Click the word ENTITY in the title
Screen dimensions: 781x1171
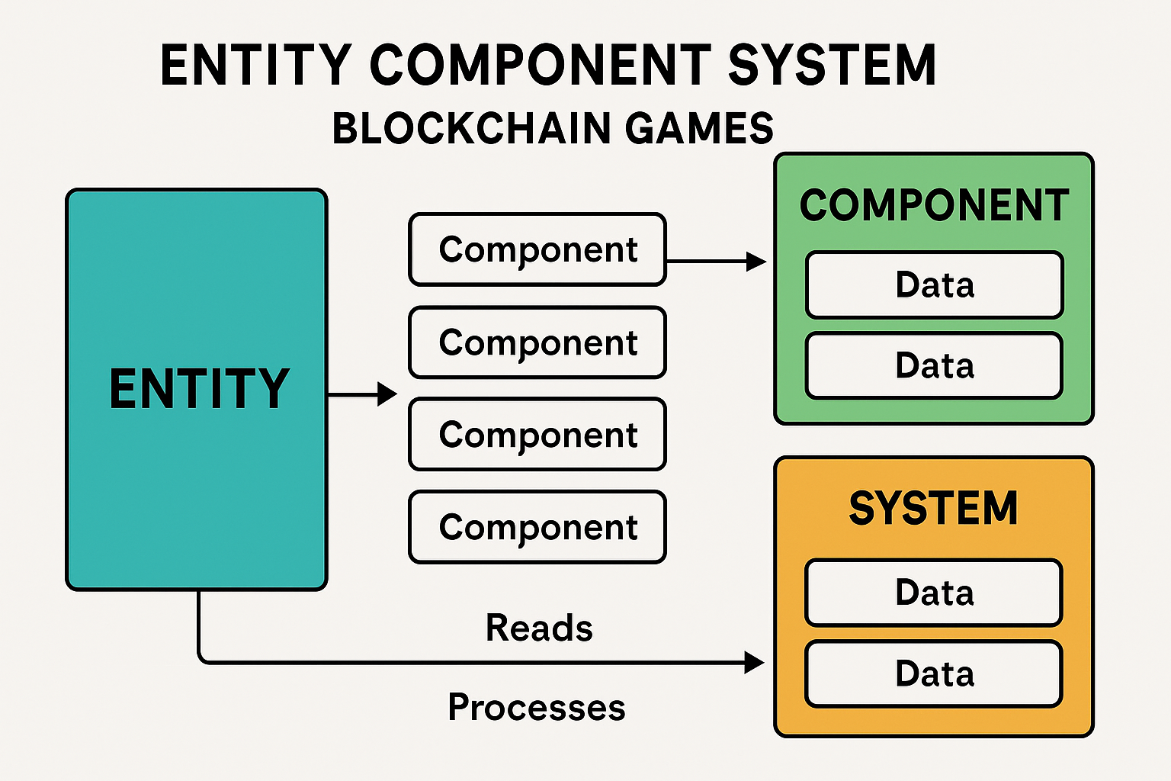(255, 65)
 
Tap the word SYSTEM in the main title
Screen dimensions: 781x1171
(832, 65)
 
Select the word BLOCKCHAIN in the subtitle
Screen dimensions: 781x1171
(472, 128)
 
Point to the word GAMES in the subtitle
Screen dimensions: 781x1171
(699, 128)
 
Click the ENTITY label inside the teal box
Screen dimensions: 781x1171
(199, 389)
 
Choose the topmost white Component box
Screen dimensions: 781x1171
(537, 250)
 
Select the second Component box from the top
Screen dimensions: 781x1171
(537, 342)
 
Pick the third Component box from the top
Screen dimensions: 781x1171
(537, 435)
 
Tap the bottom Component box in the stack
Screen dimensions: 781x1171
(537, 527)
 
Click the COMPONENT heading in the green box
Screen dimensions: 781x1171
(934, 206)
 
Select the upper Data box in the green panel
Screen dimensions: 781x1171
(934, 284)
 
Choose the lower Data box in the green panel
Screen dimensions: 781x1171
(934, 365)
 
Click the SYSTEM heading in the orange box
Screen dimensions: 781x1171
(934, 508)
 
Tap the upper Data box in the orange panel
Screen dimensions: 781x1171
(934, 593)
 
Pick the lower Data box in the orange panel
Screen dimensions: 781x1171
(934, 674)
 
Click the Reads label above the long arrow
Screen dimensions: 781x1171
(539, 628)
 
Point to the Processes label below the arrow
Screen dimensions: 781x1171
(537, 707)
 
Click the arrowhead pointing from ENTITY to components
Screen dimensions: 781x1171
(388, 394)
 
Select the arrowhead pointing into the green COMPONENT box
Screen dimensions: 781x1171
(756, 262)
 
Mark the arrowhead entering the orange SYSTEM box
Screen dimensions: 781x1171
(754, 662)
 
